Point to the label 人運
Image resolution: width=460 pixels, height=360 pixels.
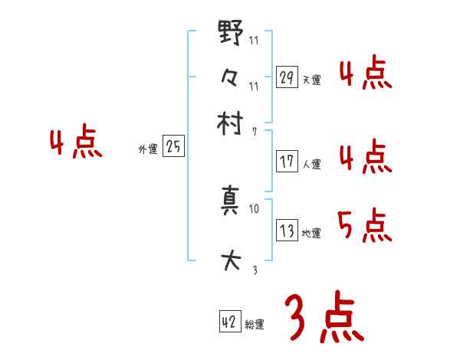[312, 164]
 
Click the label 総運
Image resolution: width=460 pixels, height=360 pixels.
[255, 325]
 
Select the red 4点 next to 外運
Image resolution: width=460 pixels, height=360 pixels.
[75, 144]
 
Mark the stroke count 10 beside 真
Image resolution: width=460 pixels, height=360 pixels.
[255, 208]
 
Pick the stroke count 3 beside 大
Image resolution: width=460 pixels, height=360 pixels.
[254, 269]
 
